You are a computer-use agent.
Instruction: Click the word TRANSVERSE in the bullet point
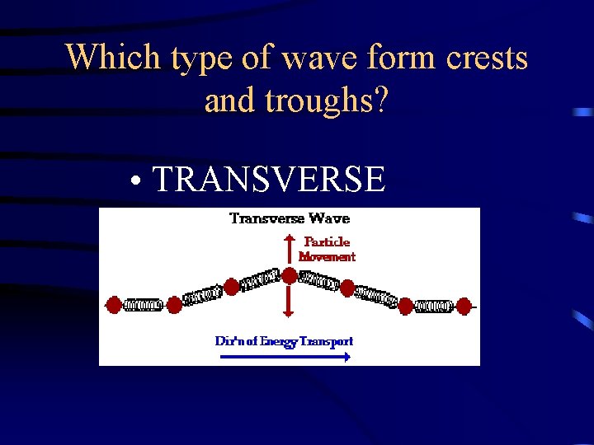pyautogui.click(x=269, y=179)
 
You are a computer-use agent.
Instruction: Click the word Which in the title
pyautogui.click(x=114, y=57)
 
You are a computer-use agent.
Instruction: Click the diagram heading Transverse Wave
pyautogui.click(x=290, y=218)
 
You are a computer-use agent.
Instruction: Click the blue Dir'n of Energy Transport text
pyautogui.click(x=284, y=340)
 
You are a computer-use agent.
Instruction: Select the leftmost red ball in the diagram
pyautogui.click(x=115, y=305)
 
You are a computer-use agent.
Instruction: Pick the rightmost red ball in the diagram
pyautogui.click(x=464, y=306)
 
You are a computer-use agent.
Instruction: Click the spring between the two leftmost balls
pyautogui.click(x=144, y=305)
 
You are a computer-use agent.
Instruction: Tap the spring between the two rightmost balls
pyautogui.click(x=434, y=306)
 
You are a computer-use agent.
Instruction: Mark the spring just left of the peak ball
pyautogui.click(x=260, y=280)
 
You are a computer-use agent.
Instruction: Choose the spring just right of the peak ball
pyautogui.click(x=318, y=281)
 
